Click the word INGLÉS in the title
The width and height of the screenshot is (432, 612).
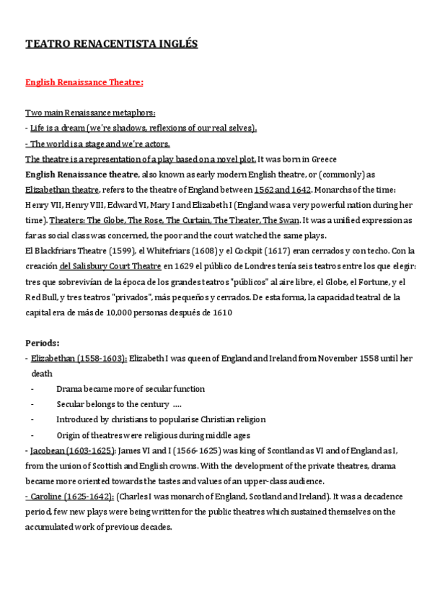click(180, 45)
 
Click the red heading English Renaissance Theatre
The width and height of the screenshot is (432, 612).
click(84, 83)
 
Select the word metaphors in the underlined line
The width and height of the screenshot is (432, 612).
click(135, 113)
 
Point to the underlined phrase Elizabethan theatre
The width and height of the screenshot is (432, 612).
click(62, 190)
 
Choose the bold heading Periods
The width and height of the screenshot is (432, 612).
click(43, 343)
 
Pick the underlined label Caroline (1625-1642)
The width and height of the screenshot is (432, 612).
click(69, 496)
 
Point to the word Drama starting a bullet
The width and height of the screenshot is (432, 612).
click(69, 388)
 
